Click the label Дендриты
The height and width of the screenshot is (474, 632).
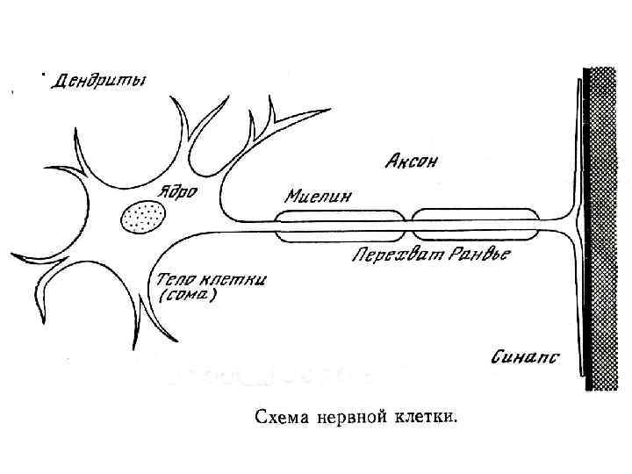click(102, 82)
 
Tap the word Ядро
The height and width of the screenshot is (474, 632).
click(177, 189)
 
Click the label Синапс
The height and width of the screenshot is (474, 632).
click(525, 357)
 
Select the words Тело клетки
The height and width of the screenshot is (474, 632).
click(212, 280)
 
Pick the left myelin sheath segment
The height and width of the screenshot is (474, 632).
click(340, 225)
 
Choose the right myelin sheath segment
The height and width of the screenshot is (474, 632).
click(475, 225)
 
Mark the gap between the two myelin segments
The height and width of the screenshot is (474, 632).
click(407, 225)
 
